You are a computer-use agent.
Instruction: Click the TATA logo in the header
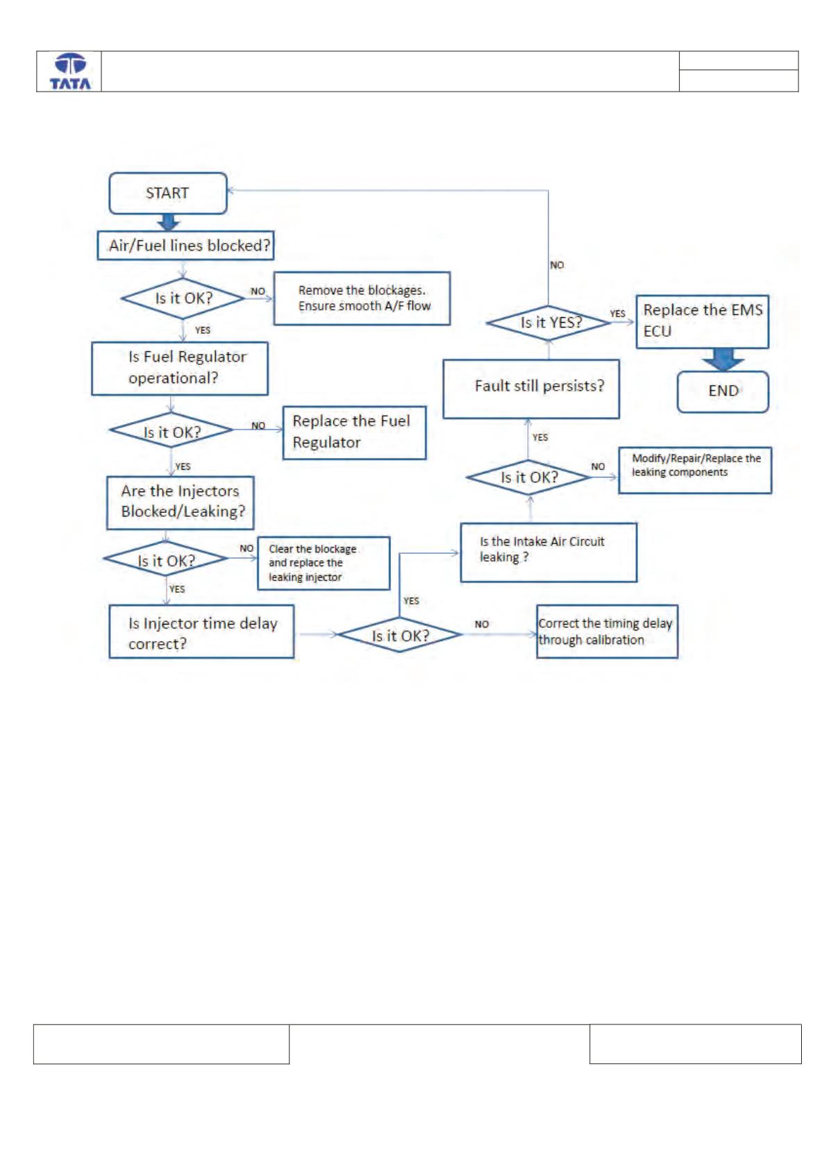tap(70, 71)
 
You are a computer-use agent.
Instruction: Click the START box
tap(168, 193)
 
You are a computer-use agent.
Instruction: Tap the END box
tap(723, 391)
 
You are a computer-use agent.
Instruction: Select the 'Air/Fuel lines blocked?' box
tap(185, 246)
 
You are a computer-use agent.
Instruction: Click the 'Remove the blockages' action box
tap(362, 298)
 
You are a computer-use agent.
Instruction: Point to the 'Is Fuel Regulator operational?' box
tap(179, 369)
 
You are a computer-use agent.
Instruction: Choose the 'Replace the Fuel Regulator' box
tap(354, 433)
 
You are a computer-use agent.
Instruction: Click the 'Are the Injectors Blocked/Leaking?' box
tap(180, 502)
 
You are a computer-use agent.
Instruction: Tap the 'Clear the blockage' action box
tap(324, 563)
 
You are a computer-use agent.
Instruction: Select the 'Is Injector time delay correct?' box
tap(201, 632)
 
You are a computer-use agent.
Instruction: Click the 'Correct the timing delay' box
tap(607, 632)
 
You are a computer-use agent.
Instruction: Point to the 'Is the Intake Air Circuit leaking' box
tap(548, 552)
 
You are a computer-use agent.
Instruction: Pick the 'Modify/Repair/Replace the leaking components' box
tap(695, 470)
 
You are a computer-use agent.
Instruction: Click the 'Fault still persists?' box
tap(531, 389)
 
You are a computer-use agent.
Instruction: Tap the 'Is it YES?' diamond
tap(548, 323)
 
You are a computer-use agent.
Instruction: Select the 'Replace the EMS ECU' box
tap(702, 321)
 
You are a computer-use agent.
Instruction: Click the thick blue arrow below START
tap(168, 222)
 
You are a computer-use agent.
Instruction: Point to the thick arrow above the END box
tap(723, 360)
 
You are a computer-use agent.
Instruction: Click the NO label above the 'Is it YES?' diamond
tap(557, 265)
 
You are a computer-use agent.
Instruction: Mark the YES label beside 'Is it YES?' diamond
tap(617, 313)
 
